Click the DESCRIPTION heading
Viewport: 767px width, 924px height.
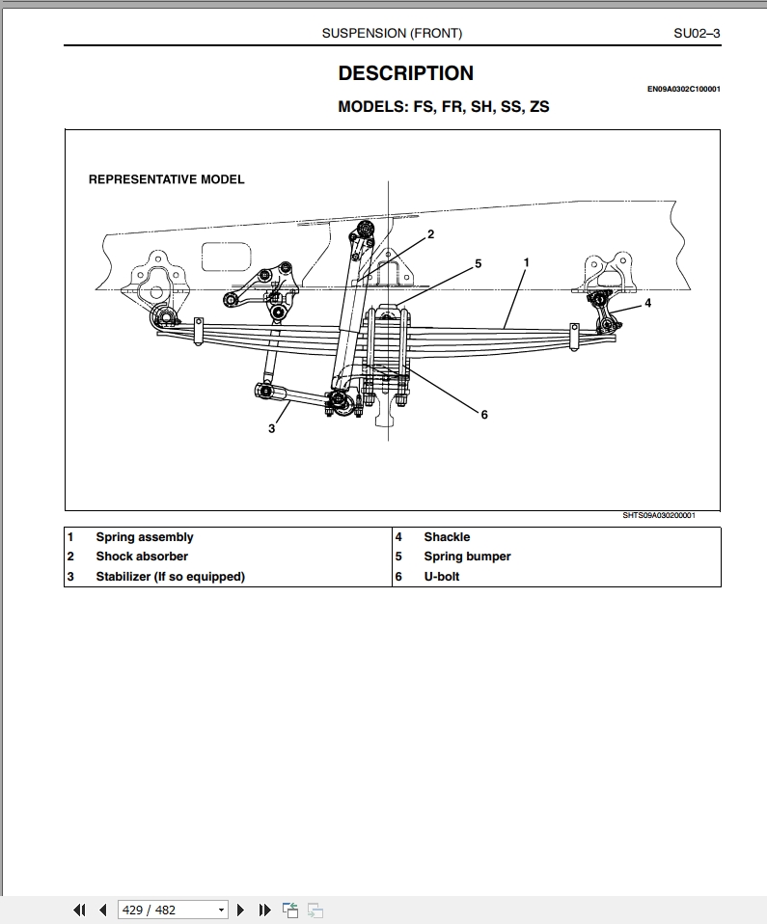click(405, 73)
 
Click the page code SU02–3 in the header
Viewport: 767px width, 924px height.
click(697, 33)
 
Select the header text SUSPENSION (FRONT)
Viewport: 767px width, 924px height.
click(392, 33)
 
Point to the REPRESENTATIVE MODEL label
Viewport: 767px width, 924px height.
click(166, 179)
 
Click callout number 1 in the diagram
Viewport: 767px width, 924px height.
click(527, 261)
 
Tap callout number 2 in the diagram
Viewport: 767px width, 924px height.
click(430, 234)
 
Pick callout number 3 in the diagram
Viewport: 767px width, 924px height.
click(271, 428)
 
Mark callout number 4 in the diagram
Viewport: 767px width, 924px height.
click(648, 303)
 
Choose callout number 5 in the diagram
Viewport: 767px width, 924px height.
click(478, 263)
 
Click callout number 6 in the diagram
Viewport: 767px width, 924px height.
click(484, 415)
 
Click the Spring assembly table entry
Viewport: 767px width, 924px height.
click(144, 537)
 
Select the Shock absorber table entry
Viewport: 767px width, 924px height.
click(142, 557)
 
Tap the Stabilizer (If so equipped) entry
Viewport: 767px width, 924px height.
click(170, 577)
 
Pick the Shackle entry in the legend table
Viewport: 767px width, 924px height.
click(447, 537)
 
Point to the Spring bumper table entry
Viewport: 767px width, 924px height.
click(467, 557)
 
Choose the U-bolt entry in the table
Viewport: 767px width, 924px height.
click(442, 577)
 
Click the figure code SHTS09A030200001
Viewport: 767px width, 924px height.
click(658, 515)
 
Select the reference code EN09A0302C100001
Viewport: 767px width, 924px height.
click(683, 90)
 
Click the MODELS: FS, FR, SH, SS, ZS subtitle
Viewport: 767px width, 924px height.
click(443, 107)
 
